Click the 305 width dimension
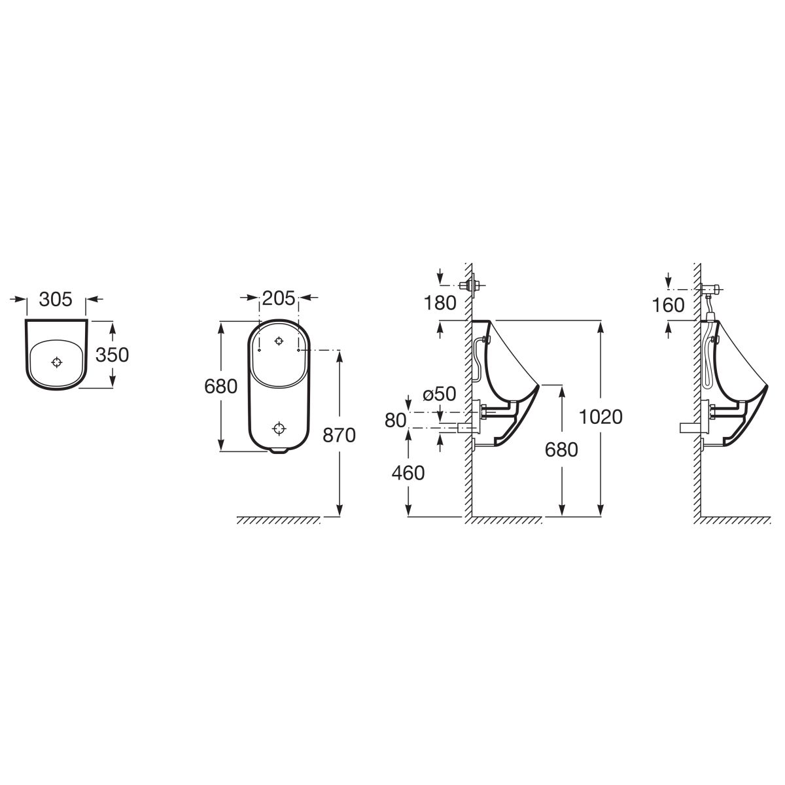click(56, 300)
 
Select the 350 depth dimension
click(112, 355)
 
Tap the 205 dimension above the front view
click(279, 298)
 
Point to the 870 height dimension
click(339, 436)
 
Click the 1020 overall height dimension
click(601, 417)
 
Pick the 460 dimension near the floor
click(408, 473)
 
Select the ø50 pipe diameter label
click(440, 394)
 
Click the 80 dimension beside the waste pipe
click(396, 421)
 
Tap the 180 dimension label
click(440, 303)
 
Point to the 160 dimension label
click(668, 305)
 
